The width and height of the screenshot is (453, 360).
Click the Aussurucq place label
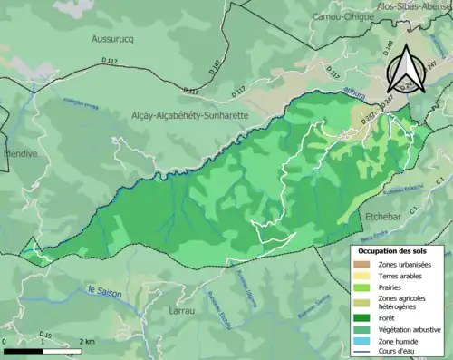pos(112,39)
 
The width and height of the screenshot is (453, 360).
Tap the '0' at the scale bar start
pos(5,340)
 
